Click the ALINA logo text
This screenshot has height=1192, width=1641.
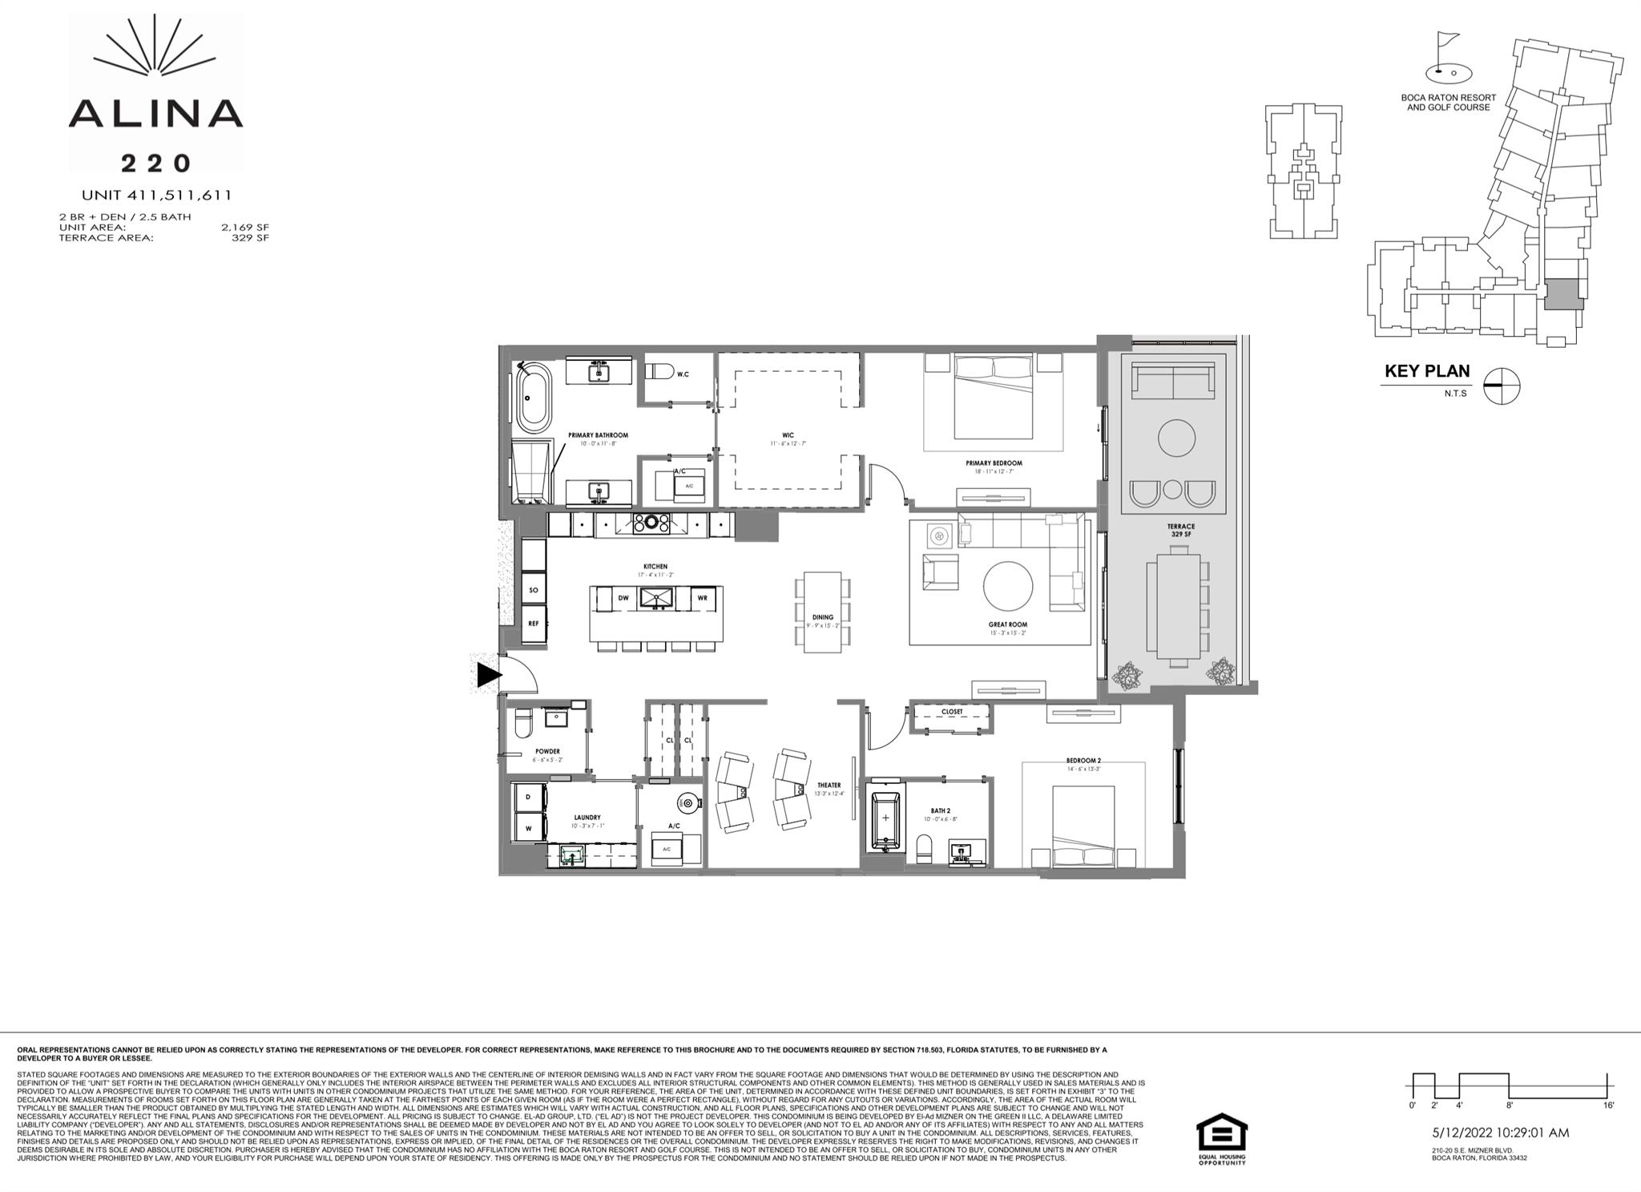[x=155, y=114]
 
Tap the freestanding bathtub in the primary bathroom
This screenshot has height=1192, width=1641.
[x=534, y=398]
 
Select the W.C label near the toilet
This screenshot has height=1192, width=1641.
[x=683, y=374]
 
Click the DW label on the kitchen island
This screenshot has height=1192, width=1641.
[x=623, y=598]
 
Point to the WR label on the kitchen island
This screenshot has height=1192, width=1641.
[x=702, y=598]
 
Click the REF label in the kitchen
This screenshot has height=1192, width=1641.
[x=534, y=623]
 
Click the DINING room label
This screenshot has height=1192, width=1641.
[x=823, y=617]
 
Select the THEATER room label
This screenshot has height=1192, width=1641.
[x=829, y=786]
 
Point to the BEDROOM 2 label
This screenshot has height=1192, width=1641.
[x=1083, y=761]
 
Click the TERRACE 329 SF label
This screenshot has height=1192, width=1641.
[x=1181, y=530]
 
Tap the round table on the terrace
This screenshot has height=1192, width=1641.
[x=1176, y=438]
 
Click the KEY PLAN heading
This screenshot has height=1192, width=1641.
[x=1427, y=371]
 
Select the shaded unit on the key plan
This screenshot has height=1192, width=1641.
[x=1563, y=295]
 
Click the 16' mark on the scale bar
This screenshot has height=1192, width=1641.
[x=1608, y=1105]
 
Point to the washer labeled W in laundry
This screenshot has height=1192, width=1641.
[x=529, y=828]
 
